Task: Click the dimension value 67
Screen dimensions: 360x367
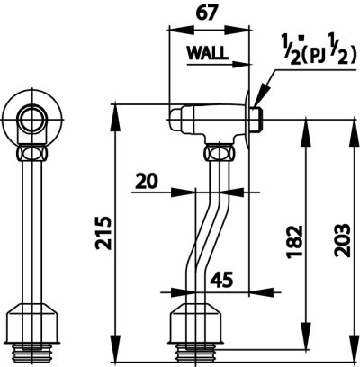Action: [206, 13]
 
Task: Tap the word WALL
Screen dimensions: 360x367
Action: [208, 53]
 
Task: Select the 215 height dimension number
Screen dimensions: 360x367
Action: [103, 233]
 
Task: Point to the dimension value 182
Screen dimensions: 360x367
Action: [294, 242]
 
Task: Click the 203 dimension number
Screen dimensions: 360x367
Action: [342, 240]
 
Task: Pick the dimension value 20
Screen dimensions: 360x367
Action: [147, 182]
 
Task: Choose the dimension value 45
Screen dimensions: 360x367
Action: [221, 280]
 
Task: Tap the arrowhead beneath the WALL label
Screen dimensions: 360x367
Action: [241, 64]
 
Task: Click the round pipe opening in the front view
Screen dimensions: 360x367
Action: [31, 121]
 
